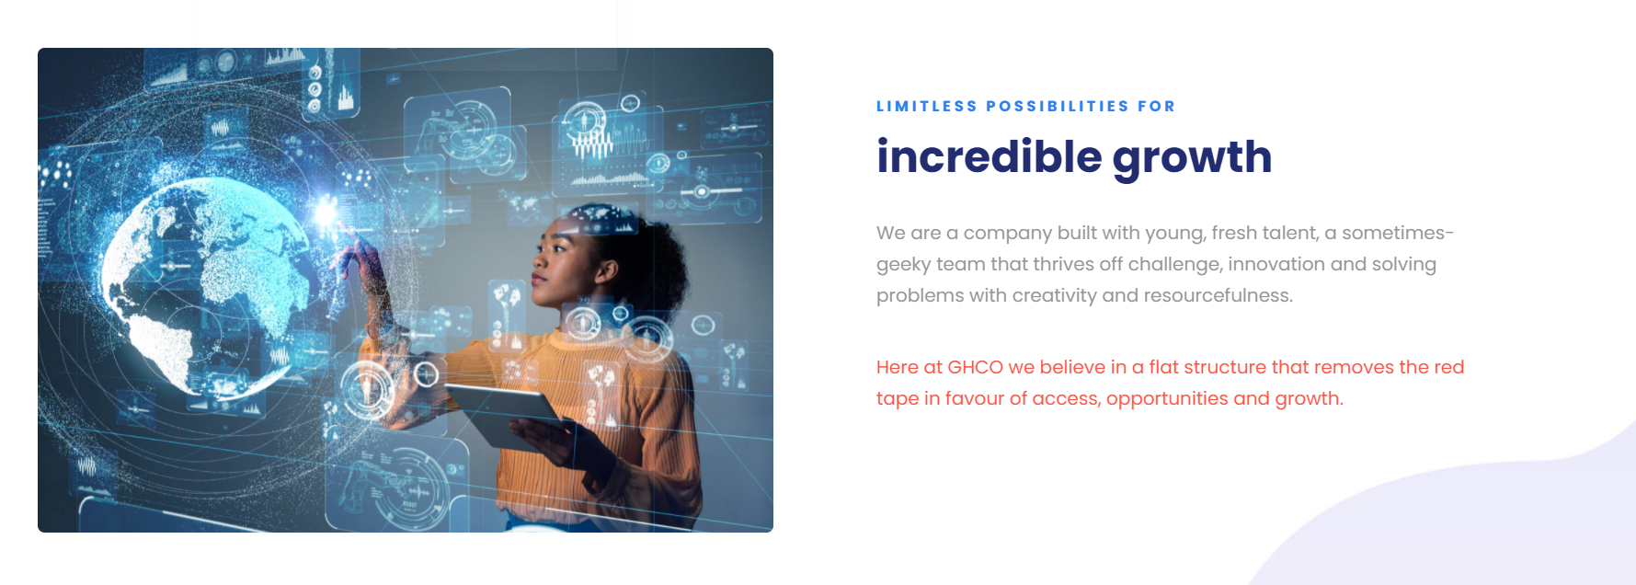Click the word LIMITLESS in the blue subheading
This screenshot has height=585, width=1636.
coord(926,107)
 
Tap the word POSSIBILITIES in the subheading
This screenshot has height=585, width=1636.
coord(1058,107)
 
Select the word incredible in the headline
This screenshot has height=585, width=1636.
coord(989,157)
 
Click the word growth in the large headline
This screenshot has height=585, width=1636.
coord(1192,157)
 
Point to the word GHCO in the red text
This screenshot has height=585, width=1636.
coord(975,367)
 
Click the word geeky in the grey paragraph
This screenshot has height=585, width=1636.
coord(903,265)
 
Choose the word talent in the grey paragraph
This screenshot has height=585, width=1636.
coord(1290,233)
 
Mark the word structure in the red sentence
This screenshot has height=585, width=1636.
coord(1224,367)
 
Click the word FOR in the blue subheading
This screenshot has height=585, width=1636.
coord(1156,107)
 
